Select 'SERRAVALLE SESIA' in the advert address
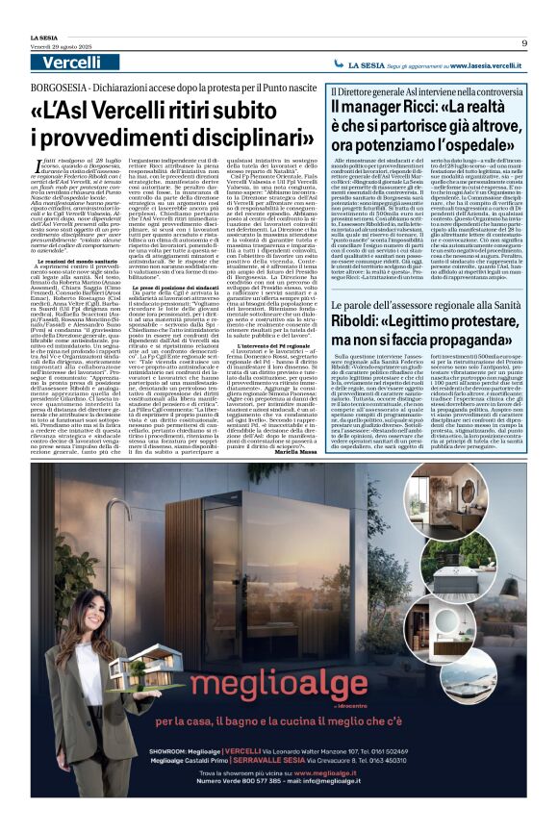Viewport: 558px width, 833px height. pyautogui.click(x=294, y=788)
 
